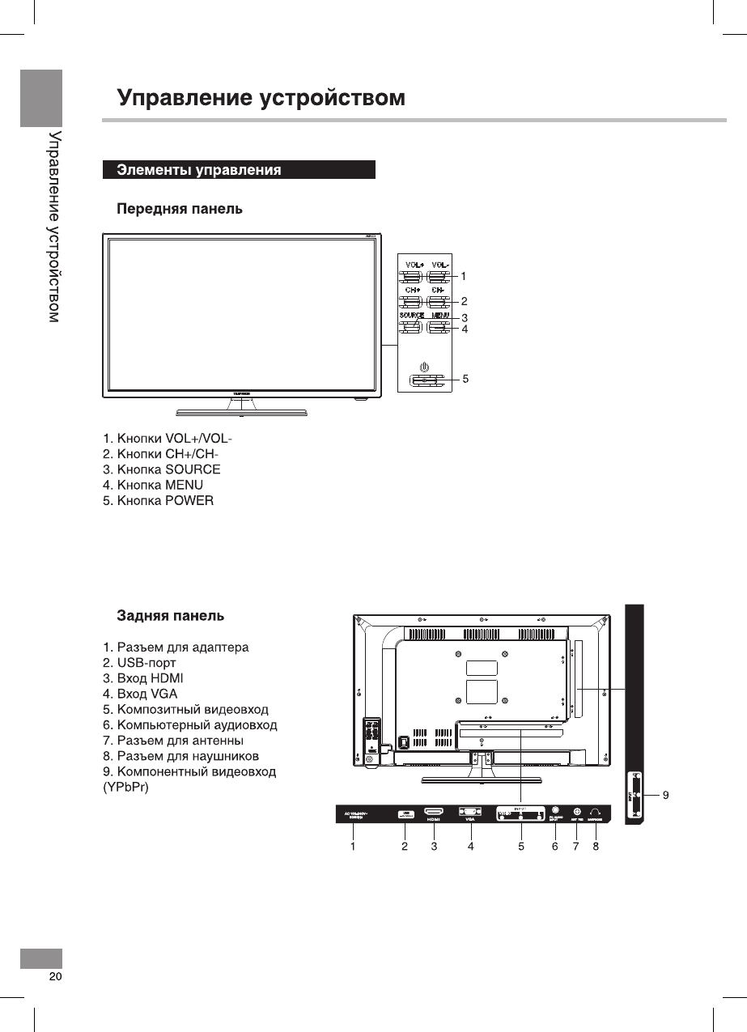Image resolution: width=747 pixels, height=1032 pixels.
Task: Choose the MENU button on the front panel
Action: coord(439,328)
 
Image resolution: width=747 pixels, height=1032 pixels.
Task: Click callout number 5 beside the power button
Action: coord(465,378)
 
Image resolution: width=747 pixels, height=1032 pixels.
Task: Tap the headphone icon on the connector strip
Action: coord(596,811)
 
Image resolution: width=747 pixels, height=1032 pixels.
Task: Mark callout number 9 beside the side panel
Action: coord(665,796)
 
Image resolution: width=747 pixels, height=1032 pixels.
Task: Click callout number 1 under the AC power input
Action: coord(353,847)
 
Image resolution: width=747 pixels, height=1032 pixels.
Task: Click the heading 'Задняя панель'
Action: coord(171,616)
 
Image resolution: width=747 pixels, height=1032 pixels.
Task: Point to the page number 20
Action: coord(55,976)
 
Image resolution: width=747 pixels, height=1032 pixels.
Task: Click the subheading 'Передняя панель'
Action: coord(180,210)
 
